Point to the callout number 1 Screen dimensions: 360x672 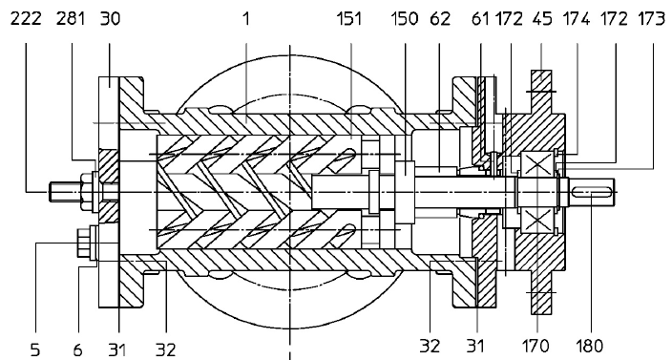[245, 18]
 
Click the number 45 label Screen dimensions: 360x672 [540, 18]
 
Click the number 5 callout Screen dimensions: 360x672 [34, 349]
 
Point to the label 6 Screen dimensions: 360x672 [78, 349]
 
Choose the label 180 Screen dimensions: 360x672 [590, 349]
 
